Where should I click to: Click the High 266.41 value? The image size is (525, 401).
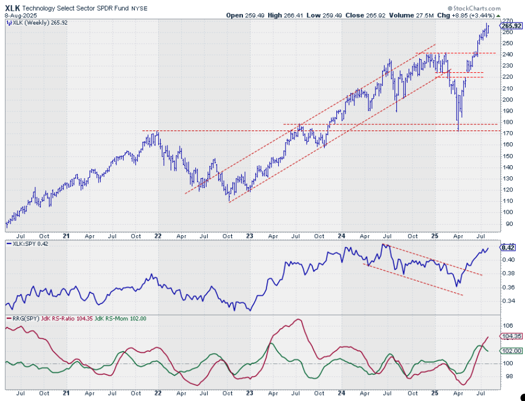click(x=286, y=16)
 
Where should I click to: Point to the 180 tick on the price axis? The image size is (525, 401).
click(x=506, y=122)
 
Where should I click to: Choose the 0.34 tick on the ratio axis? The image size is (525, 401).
click(x=506, y=301)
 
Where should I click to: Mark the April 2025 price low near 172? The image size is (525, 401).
click(x=458, y=130)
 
